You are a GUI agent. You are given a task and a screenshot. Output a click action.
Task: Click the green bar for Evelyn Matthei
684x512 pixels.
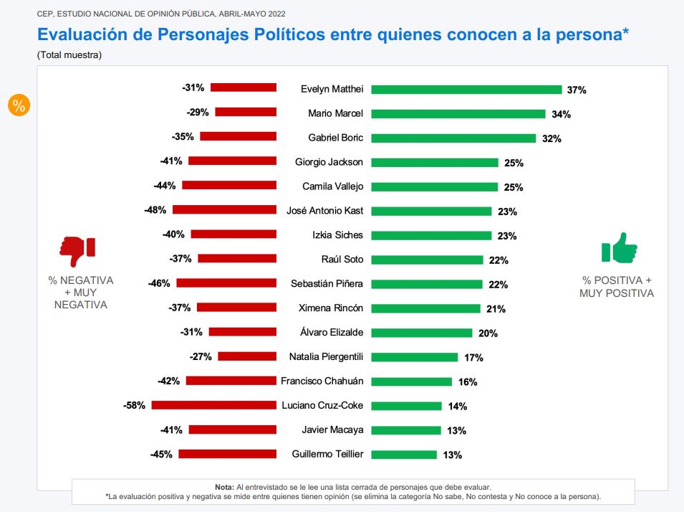point(466,90)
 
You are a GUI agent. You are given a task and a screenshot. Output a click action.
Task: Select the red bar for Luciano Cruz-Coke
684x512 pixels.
point(213,405)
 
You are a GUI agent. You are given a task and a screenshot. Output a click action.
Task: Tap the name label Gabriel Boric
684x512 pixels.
point(336,138)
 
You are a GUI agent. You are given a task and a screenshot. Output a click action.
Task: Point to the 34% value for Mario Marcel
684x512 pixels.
point(561,114)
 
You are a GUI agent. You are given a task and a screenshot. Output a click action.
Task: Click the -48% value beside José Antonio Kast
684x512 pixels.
point(156,210)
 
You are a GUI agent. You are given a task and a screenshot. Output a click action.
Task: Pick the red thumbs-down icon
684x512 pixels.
point(77,250)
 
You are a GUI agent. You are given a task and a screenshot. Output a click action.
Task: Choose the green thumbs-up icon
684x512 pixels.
point(619,249)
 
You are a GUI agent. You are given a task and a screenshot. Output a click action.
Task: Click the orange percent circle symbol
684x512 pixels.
point(19,105)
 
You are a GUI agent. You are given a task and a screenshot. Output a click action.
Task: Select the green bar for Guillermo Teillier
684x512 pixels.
point(404,454)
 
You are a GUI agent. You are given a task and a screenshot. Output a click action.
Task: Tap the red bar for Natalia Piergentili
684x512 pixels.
point(247,356)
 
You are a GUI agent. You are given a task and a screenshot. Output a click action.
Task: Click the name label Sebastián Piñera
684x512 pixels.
point(327,284)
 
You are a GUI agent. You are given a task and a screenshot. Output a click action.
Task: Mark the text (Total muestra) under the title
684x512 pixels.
point(69,55)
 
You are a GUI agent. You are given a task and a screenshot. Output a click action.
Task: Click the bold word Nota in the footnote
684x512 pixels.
point(224,486)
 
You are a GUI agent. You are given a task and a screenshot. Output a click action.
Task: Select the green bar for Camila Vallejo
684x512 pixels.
point(435,187)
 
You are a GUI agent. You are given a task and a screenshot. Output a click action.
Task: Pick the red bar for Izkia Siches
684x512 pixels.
point(233,234)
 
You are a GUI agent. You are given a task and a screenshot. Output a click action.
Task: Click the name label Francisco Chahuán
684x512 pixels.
point(322,381)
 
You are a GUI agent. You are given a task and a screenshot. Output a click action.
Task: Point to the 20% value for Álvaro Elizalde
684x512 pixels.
point(488,333)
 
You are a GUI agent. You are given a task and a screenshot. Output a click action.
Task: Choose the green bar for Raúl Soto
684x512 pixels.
point(428,260)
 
